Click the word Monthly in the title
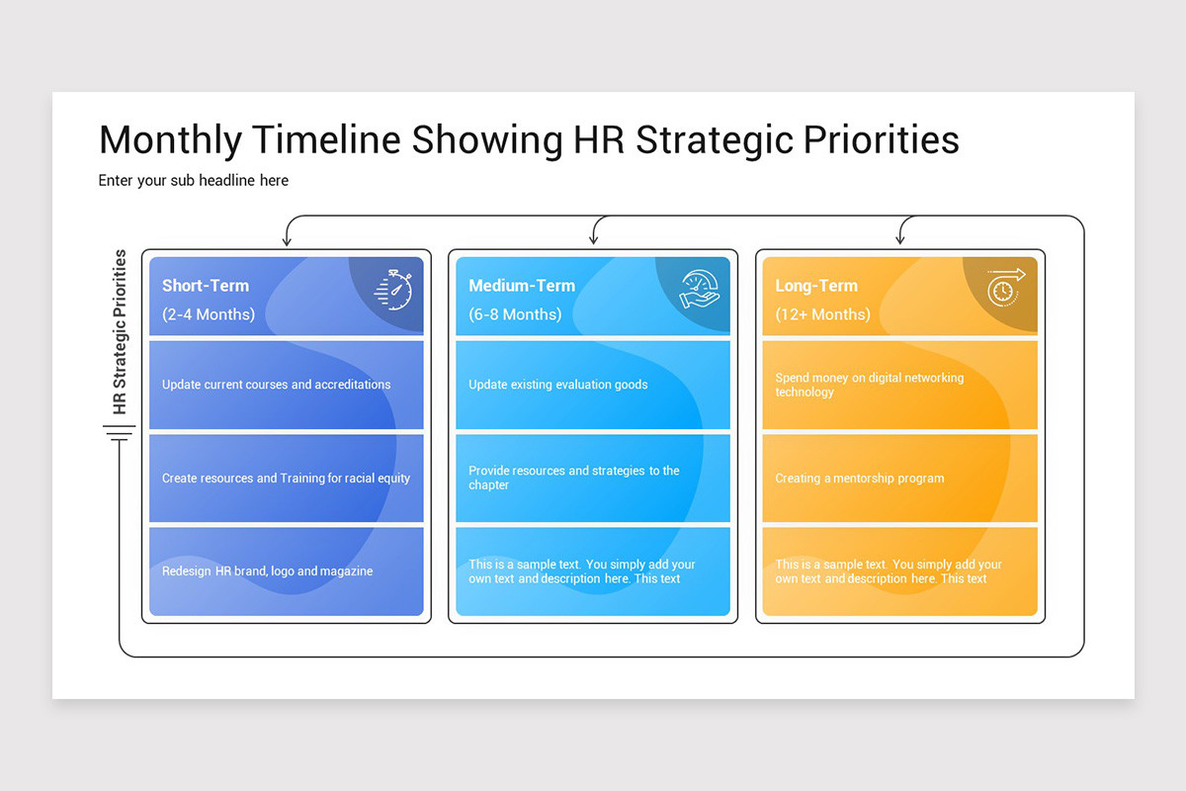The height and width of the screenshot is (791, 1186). (x=170, y=141)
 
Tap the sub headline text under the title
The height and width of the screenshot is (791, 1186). (x=194, y=181)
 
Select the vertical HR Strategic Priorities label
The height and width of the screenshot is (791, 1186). (x=121, y=331)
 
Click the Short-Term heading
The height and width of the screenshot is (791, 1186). (x=206, y=286)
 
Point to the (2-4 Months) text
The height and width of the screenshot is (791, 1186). (x=209, y=314)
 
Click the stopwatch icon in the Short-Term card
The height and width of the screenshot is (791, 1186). (x=393, y=290)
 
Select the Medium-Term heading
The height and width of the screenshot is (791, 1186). (x=522, y=286)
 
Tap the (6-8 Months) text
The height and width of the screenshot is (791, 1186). (x=515, y=314)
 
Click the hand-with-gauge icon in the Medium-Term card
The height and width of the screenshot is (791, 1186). (x=700, y=290)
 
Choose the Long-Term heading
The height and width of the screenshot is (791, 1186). (x=816, y=286)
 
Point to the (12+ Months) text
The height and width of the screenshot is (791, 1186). (x=822, y=314)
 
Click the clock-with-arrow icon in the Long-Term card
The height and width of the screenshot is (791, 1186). (x=1006, y=288)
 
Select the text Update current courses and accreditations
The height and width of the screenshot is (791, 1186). (x=277, y=385)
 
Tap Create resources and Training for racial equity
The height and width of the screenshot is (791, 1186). (x=286, y=479)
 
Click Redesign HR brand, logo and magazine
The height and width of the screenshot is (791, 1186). (x=268, y=571)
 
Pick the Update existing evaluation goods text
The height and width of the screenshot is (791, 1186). (x=558, y=385)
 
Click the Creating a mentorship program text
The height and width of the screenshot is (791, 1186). (x=860, y=479)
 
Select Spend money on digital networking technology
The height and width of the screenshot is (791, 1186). (x=870, y=385)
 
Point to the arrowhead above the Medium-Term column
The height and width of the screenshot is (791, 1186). (x=594, y=240)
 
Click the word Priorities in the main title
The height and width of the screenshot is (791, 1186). (x=882, y=141)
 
